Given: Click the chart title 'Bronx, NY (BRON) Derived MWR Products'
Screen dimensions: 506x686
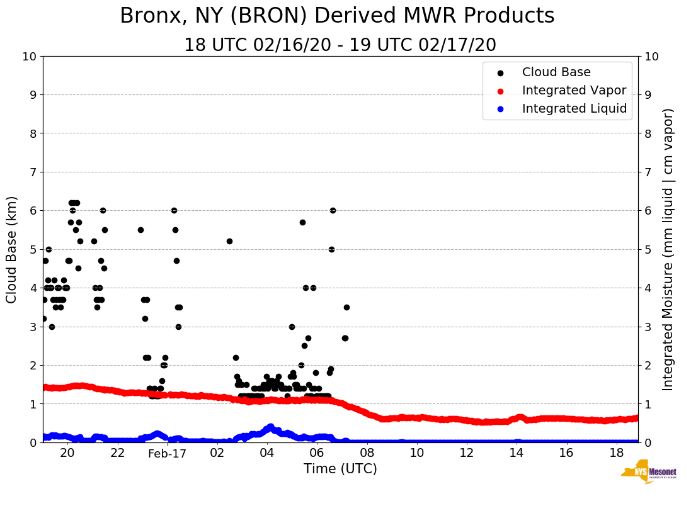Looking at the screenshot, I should pos(337,16).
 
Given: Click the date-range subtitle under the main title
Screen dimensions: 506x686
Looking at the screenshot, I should pos(340,45).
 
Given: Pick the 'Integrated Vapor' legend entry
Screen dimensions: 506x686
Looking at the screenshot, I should pos(574,91).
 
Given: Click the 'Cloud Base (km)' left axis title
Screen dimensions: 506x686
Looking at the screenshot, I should pos(12,249).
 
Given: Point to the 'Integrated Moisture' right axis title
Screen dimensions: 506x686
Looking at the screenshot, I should pos(668,249).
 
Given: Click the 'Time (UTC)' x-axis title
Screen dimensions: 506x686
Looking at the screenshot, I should pos(340,469).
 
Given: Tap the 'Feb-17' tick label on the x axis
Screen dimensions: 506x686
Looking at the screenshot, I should pos(168,453).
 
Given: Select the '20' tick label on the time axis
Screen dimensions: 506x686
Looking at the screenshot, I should pos(67,453).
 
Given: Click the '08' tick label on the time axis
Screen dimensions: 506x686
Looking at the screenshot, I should pos(367,453).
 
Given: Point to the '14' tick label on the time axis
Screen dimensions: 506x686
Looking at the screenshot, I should pos(517,453).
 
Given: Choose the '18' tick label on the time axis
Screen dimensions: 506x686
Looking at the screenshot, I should pos(617,453).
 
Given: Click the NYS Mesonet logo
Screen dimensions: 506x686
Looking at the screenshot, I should pos(649,474).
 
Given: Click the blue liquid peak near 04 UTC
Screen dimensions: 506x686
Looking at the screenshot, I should pos(270,427).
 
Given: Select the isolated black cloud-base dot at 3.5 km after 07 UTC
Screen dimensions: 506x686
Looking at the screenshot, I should pos(346,307).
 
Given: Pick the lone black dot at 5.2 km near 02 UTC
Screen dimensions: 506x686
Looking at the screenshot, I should pos(229,241).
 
